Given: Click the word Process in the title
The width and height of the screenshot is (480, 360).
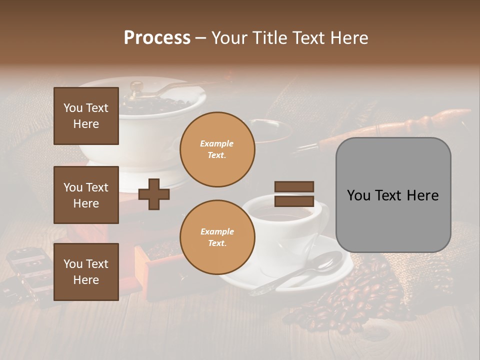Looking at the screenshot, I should point(157,38).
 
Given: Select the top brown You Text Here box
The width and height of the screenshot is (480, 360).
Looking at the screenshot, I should point(86,116).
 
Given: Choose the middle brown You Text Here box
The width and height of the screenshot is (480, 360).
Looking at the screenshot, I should point(86,195).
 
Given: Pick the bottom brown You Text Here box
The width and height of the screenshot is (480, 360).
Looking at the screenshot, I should point(86,271).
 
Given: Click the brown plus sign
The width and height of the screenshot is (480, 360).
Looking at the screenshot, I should point(154,194).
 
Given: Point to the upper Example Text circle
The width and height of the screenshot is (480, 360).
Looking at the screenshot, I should point(217,149).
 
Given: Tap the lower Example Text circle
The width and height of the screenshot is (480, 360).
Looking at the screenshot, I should point(217,237).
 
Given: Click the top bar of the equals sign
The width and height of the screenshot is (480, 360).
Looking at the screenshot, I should point(294,186).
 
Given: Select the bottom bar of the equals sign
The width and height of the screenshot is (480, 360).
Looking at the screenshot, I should point(294,201).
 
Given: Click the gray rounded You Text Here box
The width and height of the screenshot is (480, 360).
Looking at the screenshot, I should point(393,195).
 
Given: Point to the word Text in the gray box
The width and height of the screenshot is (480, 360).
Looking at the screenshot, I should point(393,195).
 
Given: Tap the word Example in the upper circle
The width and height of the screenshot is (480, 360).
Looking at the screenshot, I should point(217,143).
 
